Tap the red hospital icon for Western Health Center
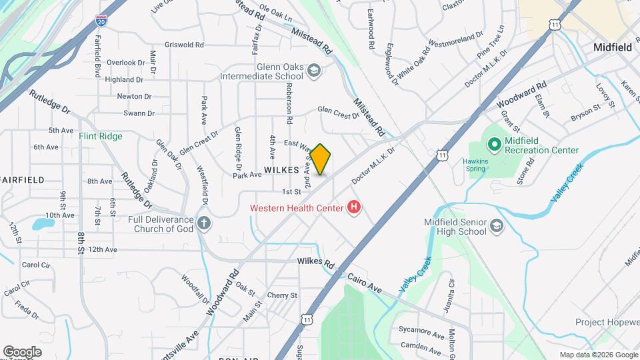coord(354,208)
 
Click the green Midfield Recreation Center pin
coord(494,143)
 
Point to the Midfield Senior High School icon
coord(496,227)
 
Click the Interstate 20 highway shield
coord(101,22)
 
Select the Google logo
coord(22,351)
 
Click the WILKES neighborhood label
coord(281,170)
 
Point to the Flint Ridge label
coord(101,136)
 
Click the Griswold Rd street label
coord(184,45)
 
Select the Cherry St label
coord(281,295)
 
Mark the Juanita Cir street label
coord(451,296)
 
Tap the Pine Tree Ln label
coord(492,42)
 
